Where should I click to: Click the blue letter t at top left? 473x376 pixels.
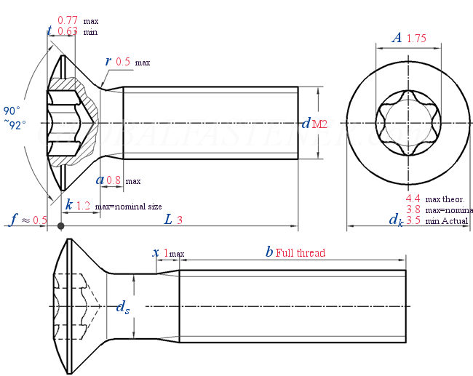tap(49, 31)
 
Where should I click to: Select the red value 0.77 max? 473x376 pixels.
tap(68, 21)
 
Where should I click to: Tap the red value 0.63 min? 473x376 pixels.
tap(68, 31)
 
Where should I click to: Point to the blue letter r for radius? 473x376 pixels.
tap(108, 62)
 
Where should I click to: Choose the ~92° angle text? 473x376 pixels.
tap(14, 124)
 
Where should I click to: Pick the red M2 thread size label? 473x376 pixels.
tap(319, 124)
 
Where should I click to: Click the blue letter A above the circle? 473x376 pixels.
tap(397, 39)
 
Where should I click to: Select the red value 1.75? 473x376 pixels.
tap(417, 39)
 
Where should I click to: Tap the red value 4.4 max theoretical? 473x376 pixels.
tap(413, 198)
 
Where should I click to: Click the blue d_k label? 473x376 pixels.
tap(395, 220)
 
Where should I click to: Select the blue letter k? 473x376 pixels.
tap(69, 205)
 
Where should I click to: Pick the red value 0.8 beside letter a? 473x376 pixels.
tap(114, 180)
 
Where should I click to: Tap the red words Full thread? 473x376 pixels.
tap(301, 253)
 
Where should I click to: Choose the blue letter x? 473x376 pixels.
tap(156, 253)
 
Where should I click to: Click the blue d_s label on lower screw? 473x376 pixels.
tap(124, 308)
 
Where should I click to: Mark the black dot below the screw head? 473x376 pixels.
tap(61, 226)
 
